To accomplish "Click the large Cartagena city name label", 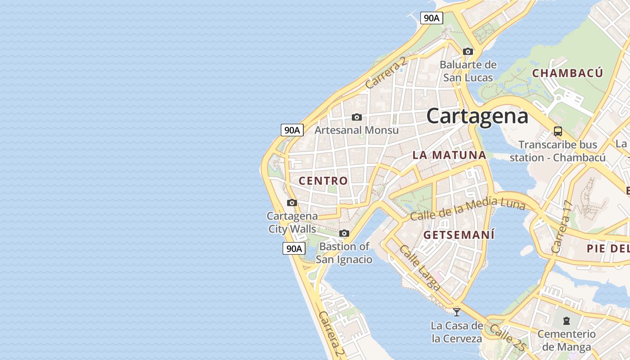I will (477, 116).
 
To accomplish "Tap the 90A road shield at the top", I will (432, 18).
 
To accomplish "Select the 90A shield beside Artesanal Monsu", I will (292, 130).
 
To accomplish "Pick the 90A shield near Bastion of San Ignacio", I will (294, 248).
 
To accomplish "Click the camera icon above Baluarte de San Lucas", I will (468, 51).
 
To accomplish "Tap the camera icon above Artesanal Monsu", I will (357, 117).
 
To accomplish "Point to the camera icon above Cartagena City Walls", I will (292, 202).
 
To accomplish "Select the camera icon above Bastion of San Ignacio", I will (344, 233).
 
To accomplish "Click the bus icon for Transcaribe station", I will (558, 131).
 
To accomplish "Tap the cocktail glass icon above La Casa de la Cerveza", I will (457, 311).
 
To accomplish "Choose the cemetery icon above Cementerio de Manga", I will (566, 321).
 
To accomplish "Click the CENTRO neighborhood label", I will (323, 181).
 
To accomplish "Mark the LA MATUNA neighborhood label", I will (449, 155).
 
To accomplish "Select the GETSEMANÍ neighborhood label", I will (459, 235).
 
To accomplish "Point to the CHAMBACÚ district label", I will (567, 73).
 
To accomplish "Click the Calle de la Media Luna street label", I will (468, 209).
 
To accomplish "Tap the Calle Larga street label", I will (420, 268).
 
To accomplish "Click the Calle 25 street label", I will (507, 337).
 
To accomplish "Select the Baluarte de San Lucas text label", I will (468, 71).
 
